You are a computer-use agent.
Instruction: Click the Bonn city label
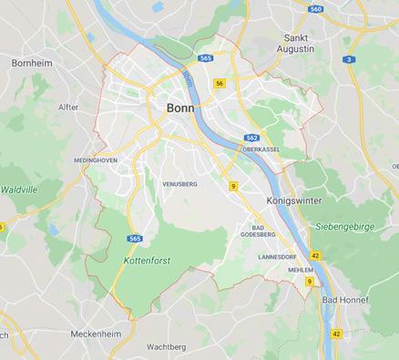179,108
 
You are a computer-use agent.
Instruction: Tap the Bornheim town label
34,63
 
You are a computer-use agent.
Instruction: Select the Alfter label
68,107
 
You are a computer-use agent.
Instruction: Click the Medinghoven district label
96,159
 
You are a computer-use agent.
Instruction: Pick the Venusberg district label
179,183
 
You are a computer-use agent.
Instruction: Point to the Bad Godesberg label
258,230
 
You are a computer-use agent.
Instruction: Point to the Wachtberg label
167,347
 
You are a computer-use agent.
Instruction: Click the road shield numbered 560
316,9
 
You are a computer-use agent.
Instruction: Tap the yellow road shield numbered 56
220,83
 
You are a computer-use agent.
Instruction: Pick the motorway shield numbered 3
349,59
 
